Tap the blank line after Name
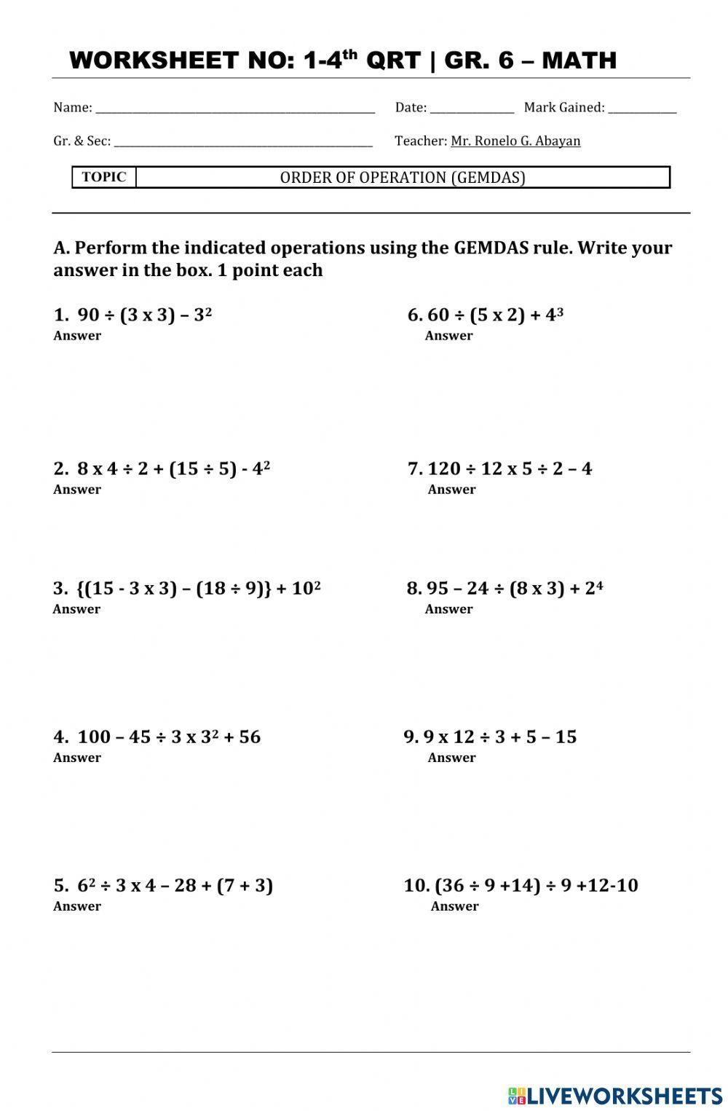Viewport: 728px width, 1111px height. [x=235, y=109]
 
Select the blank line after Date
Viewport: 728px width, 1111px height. [x=472, y=109]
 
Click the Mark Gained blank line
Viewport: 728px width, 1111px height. [x=642, y=109]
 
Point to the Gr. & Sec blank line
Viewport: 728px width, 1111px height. [x=243, y=143]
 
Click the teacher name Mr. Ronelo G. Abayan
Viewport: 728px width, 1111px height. [x=515, y=141]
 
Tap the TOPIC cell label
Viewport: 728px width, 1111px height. [x=104, y=177]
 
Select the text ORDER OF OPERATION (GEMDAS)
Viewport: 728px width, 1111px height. [x=403, y=178]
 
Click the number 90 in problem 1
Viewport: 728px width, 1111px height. [x=88, y=315]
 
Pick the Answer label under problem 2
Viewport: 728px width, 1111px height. [x=77, y=490]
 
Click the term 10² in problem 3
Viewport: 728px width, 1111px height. [x=306, y=588]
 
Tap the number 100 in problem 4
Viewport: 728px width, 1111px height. [x=93, y=737]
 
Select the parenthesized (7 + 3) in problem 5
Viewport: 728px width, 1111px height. [x=245, y=885]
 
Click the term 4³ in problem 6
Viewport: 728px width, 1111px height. [x=555, y=315]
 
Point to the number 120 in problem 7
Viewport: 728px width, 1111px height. [x=443, y=468]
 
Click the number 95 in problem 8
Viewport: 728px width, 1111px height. [x=438, y=588]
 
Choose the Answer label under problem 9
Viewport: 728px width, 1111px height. [x=451, y=758]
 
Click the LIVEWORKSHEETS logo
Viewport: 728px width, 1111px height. [x=615, y=1095]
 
